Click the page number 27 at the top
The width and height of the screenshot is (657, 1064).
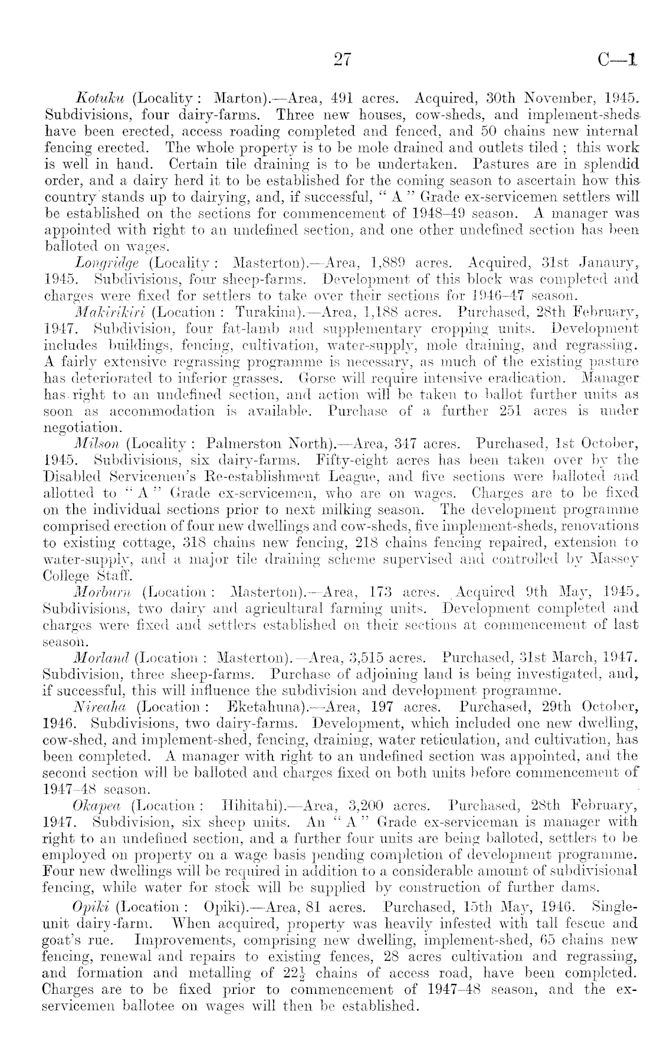342,59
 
